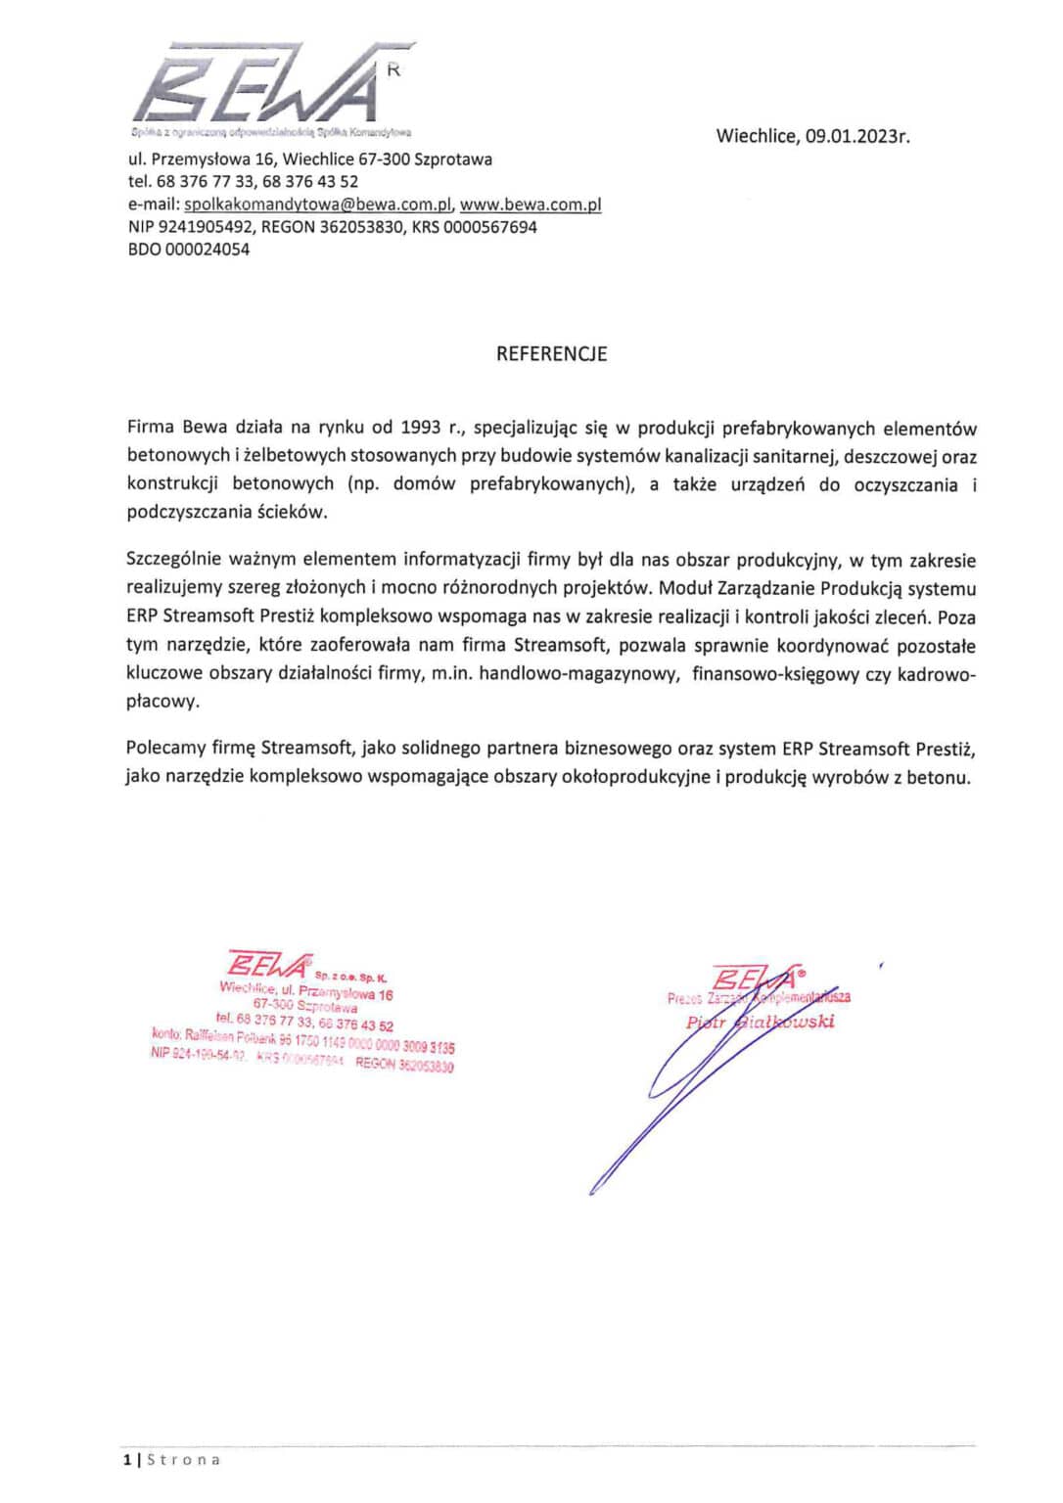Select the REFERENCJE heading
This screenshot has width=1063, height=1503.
tap(551, 354)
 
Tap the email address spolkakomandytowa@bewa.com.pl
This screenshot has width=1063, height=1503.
tap(317, 205)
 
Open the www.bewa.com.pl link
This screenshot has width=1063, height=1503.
tap(531, 205)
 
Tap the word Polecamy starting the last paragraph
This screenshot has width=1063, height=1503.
tap(165, 749)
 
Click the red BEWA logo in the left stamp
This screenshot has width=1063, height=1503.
tap(269, 965)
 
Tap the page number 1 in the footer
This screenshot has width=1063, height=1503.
tap(127, 1460)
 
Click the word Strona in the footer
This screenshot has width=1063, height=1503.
tap(184, 1460)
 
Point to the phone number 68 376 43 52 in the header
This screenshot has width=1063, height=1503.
tap(310, 182)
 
